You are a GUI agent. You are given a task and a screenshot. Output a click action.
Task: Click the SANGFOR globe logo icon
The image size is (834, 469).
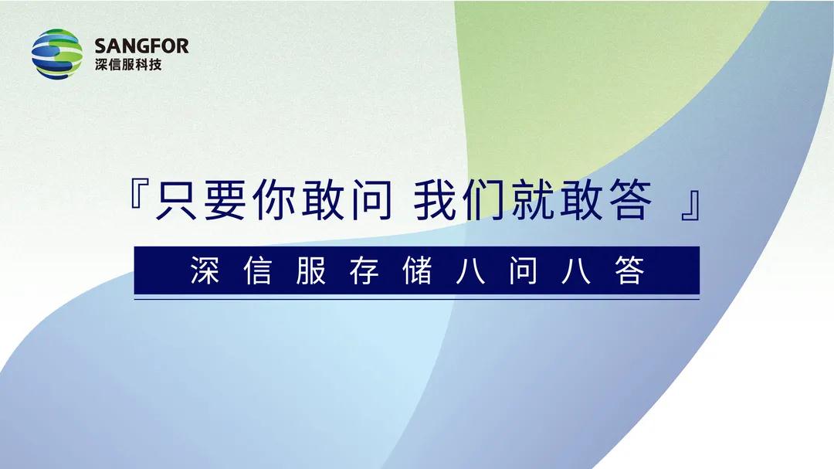(x=57, y=54)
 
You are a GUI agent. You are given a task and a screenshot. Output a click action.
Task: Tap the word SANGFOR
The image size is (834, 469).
(x=141, y=46)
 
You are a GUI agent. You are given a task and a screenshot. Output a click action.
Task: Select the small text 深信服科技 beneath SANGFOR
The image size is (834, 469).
(x=128, y=65)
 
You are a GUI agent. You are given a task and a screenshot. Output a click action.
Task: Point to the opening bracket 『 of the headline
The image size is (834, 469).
(x=138, y=194)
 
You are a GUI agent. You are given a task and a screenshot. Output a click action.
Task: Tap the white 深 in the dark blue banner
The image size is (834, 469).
(x=205, y=270)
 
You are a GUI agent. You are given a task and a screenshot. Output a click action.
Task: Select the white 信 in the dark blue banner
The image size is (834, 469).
(x=258, y=270)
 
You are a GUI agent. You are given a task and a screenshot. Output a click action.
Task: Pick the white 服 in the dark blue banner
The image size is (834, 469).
(x=311, y=270)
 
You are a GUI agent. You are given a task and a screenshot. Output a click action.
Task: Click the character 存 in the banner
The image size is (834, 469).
(x=364, y=270)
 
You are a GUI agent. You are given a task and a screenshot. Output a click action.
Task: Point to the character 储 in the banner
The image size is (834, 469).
(x=418, y=270)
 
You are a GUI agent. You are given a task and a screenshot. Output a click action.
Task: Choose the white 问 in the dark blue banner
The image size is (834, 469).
(x=524, y=270)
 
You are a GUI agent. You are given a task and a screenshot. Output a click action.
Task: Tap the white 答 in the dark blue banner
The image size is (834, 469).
(x=630, y=270)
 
